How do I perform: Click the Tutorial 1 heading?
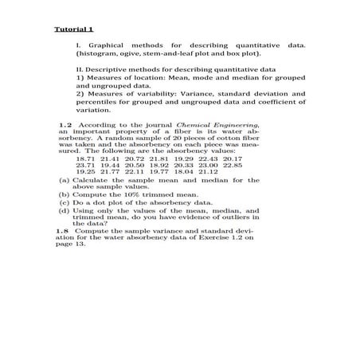(71, 29)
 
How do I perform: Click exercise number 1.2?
(67, 125)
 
